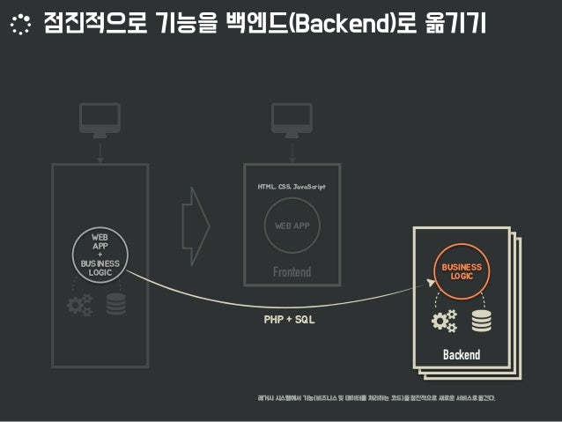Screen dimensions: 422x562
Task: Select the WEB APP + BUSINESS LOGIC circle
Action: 100,255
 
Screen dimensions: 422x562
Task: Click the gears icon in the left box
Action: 79,305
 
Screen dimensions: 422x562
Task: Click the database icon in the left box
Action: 116,305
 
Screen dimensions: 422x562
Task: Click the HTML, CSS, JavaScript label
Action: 292,188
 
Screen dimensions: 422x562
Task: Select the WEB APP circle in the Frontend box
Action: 292,226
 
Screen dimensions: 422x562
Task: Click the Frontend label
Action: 292,272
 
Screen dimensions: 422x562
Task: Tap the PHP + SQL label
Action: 289,319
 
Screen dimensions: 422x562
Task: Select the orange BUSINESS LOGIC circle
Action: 462,270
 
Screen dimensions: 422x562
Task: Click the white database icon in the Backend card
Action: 481,321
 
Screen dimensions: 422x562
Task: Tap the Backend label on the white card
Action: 462,355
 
